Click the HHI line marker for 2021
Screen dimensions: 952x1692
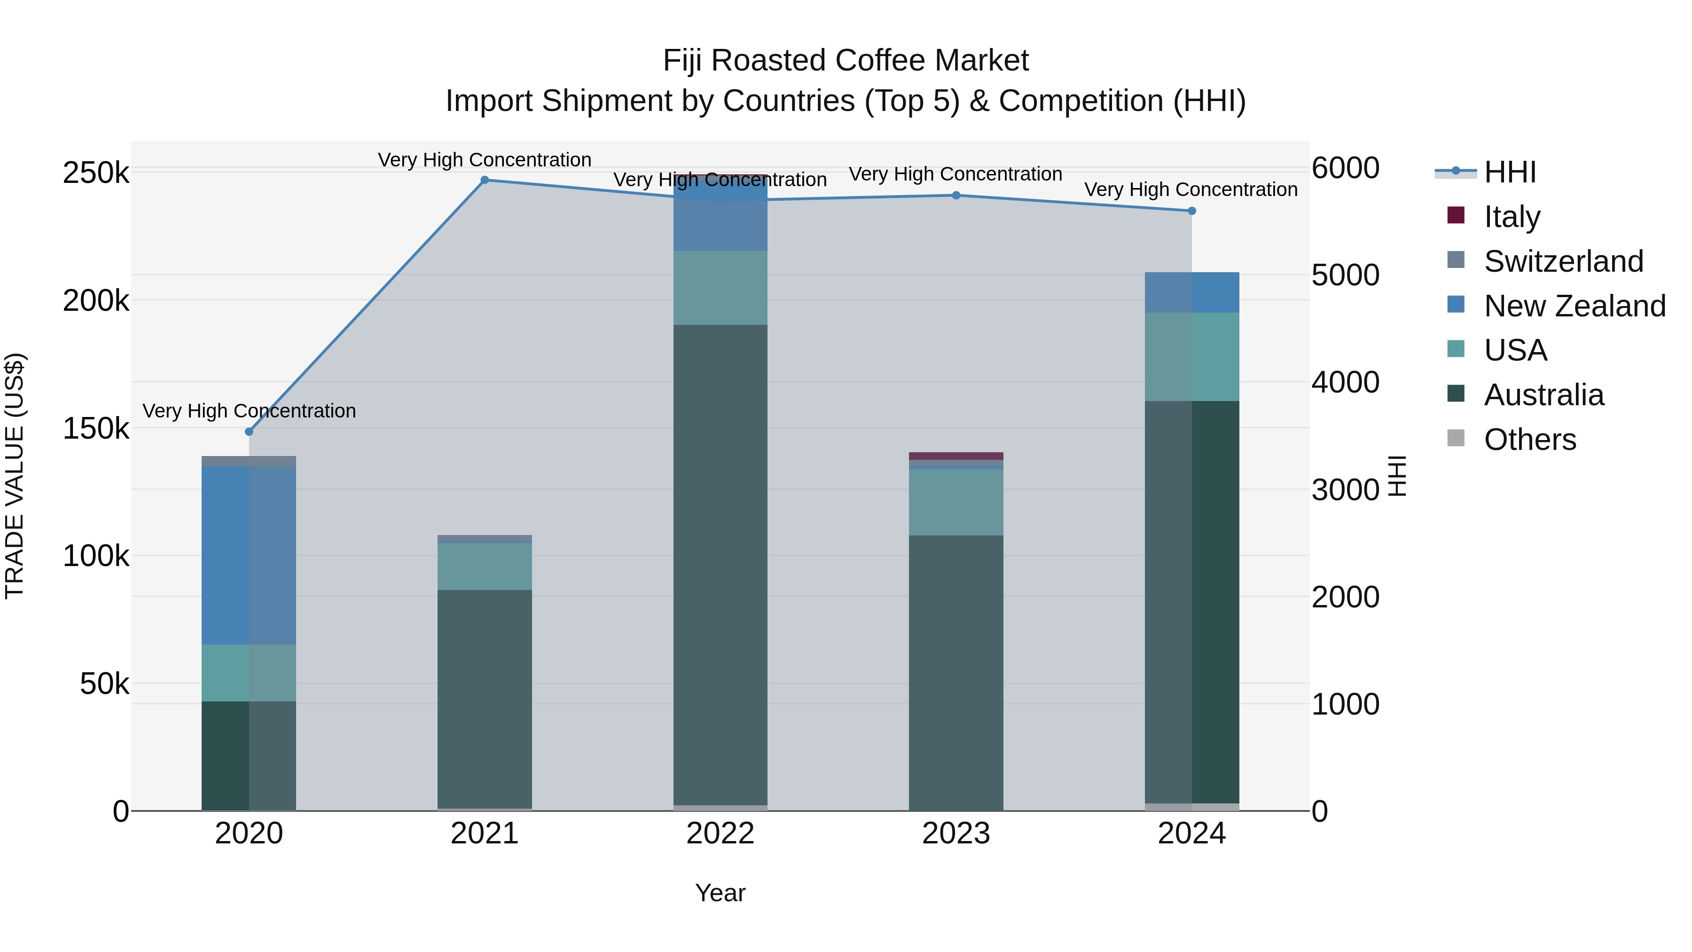click(485, 180)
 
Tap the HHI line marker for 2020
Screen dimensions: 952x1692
click(249, 432)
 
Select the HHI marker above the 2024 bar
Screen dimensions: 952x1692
click(1191, 211)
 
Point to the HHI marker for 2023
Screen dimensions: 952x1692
click(956, 195)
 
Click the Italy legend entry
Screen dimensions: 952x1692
click(1512, 217)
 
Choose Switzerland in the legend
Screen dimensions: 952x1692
click(1563, 261)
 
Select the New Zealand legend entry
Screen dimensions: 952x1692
click(1574, 306)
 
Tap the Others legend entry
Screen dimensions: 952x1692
click(1530, 440)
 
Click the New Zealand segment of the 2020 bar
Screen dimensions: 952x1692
click(249, 555)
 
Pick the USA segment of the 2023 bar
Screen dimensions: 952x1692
click(956, 502)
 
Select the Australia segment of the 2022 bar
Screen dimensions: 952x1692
click(721, 565)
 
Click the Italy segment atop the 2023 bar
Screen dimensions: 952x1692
click(956, 456)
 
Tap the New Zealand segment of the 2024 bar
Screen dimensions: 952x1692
click(1191, 292)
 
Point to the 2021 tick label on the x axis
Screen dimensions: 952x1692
click(485, 834)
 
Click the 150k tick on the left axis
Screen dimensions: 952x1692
click(96, 429)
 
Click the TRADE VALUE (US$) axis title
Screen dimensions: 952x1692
click(15, 476)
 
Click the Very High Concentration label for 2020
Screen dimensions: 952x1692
click(249, 411)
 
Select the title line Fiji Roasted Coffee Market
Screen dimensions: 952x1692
click(846, 61)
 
